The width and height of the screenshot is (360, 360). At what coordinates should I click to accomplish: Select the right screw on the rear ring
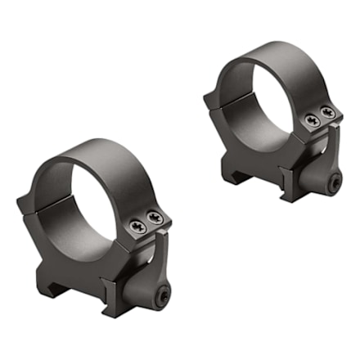329,111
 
